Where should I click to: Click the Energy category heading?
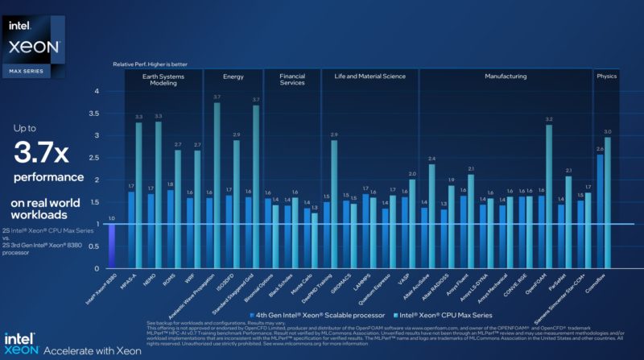[234, 77]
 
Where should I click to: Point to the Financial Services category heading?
[292, 80]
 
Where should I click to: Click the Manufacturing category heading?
[506, 77]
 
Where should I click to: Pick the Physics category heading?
[606, 77]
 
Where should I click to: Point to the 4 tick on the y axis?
[118, 92]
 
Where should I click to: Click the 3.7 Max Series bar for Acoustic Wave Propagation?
[217, 185]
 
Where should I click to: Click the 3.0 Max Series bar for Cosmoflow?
[608, 201]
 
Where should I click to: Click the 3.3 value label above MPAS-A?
[138, 117]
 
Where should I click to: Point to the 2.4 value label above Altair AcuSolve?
[431, 158]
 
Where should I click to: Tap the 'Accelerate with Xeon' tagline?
[93, 350]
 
